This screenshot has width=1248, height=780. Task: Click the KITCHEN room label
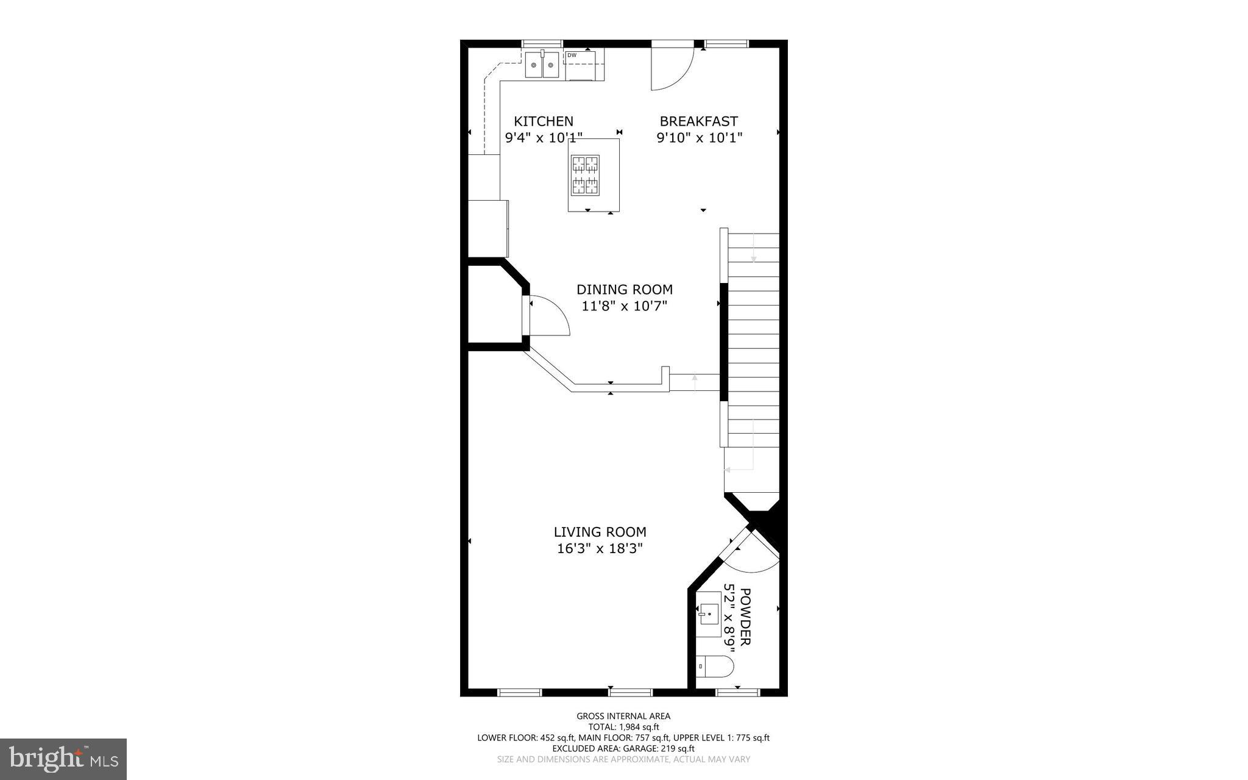[544, 121]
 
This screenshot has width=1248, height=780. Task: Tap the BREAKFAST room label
[698, 121]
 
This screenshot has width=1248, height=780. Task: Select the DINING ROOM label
[625, 289]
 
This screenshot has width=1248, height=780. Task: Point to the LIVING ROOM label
[600, 532]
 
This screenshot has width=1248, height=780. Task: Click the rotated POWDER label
[745, 617]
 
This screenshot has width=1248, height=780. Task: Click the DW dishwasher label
[572, 55]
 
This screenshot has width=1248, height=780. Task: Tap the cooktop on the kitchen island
[585, 175]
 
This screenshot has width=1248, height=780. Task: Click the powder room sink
[709, 614]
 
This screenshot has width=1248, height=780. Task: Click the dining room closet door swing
[548, 315]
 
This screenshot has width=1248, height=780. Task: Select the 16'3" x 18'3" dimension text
[600, 549]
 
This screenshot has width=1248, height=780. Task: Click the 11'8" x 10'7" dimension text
[625, 306]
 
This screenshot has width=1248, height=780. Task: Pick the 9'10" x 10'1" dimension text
[699, 138]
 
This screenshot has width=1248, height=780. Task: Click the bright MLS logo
[63, 759]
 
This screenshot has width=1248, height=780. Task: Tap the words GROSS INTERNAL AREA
[623, 716]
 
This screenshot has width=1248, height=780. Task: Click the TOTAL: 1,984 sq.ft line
[623, 727]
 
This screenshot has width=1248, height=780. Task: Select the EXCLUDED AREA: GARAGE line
[623, 748]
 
